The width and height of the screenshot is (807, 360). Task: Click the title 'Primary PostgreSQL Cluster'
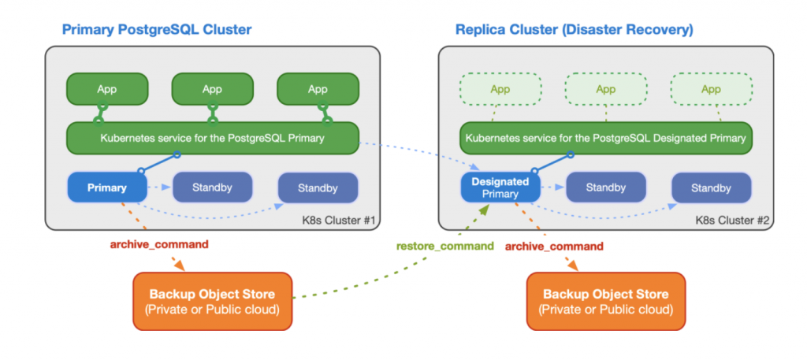(157, 30)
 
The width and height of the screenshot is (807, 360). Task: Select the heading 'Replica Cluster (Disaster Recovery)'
(574, 30)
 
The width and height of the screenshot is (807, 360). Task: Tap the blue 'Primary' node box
(107, 188)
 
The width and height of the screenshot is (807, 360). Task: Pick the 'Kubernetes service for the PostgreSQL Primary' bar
(212, 138)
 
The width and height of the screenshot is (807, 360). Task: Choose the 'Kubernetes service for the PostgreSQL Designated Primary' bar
(605, 138)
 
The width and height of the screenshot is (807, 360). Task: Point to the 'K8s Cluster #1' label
(341, 219)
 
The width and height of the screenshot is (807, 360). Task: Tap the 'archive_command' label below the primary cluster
(158, 244)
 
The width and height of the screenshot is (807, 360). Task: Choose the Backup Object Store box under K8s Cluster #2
(606, 301)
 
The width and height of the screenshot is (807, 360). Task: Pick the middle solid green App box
(212, 89)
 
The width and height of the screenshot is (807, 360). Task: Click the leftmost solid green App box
(107, 89)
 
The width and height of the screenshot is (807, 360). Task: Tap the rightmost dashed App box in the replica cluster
(711, 89)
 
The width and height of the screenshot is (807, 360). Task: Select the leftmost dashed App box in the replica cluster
(500, 89)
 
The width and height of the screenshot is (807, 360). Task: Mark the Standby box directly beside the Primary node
(212, 187)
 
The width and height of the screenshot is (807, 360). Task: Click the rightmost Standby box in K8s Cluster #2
(711, 188)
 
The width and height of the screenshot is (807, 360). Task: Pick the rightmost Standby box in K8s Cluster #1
(318, 188)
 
